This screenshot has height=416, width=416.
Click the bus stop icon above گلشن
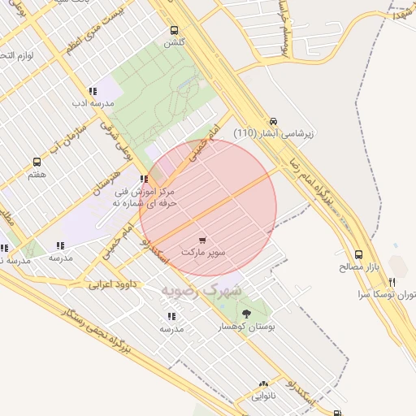[173, 31]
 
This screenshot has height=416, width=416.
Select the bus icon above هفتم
[37, 162]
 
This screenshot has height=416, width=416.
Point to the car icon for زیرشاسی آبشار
[273, 119]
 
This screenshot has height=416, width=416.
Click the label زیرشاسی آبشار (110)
[274, 132]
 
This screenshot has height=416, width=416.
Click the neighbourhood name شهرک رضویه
[201, 288]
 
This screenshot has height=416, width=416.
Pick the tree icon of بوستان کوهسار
[246, 312]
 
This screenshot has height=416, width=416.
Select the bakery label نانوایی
[263, 396]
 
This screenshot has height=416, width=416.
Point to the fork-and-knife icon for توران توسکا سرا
[392, 282]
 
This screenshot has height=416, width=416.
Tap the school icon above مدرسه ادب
[92, 91]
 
